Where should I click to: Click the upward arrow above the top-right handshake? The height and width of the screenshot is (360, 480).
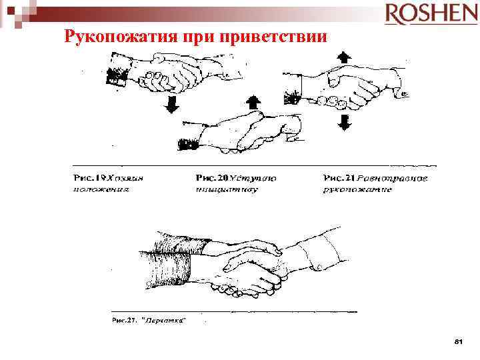pyautogui.click(x=343, y=57)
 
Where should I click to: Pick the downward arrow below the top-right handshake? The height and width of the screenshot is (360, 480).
pyautogui.click(x=344, y=122)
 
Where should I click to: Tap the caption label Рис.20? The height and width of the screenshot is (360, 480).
pyautogui.click(x=213, y=179)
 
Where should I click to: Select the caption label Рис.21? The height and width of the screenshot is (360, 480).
pyautogui.click(x=339, y=179)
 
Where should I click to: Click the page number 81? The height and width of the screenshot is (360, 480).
pyautogui.click(x=457, y=341)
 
